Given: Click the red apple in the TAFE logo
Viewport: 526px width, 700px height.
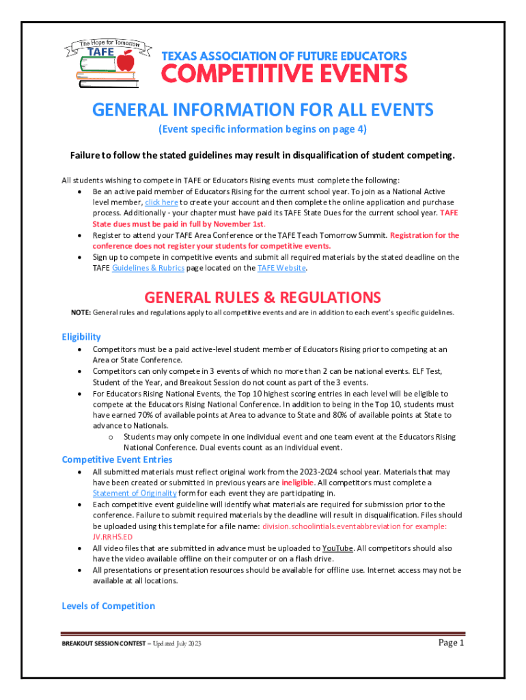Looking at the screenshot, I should coord(126,62).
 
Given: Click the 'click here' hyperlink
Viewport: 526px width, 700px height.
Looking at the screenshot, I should coord(161,202).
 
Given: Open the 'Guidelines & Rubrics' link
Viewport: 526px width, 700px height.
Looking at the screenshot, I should coord(148,268).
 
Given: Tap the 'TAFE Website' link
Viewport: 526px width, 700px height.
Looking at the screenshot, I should coord(281,268).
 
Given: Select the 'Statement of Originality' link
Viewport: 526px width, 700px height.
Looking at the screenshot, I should coord(135,493).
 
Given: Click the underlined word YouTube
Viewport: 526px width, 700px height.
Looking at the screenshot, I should coord(337,548).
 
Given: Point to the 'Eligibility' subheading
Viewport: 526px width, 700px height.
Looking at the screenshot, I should coord(81,336).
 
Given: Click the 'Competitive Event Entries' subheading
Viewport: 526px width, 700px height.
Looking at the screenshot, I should coord(117,459).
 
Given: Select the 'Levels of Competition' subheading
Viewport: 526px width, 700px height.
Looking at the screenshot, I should coord(108,606).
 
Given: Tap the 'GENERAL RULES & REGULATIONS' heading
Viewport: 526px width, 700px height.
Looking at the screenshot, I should coord(262,297).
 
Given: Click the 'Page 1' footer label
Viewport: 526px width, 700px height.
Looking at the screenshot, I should coord(451,643).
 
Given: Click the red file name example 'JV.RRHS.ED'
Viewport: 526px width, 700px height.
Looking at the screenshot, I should coord(113,537).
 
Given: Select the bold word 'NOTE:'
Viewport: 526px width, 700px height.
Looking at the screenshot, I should coord(81,312).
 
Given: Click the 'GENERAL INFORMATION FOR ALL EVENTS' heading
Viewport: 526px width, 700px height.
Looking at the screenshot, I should coord(262,110).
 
